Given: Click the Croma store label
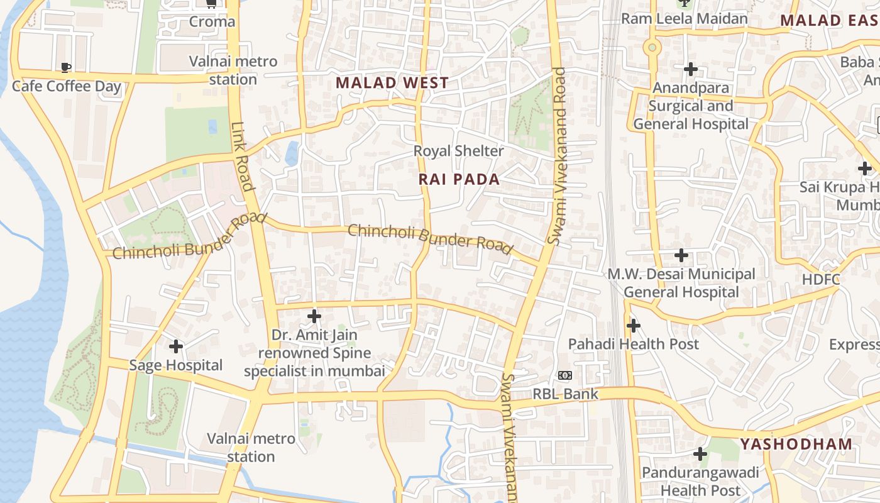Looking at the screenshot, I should [212, 22].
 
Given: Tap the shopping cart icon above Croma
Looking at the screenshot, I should [212, 3].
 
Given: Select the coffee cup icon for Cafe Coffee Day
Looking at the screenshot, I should [66, 67].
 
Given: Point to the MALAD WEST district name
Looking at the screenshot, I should [392, 82].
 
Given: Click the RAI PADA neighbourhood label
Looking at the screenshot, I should [459, 179].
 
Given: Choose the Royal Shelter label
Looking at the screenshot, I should [458, 151].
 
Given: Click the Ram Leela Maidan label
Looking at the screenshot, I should [685, 19].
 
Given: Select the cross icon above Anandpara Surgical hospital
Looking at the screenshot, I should [691, 69].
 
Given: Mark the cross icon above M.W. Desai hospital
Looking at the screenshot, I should [681, 255].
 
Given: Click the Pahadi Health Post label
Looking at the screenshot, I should [633, 344].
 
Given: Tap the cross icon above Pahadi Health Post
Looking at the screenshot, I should [634, 326].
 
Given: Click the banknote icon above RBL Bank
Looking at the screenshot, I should [564, 376].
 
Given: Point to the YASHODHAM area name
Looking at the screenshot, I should [796, 444].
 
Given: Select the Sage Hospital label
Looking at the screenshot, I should [175, 365].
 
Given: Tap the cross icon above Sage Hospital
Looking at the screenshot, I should [176, 346].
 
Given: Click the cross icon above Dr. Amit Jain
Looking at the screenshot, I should [314, 316].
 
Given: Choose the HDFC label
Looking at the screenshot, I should [821, 279].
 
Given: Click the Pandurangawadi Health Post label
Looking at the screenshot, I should [700, 481].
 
